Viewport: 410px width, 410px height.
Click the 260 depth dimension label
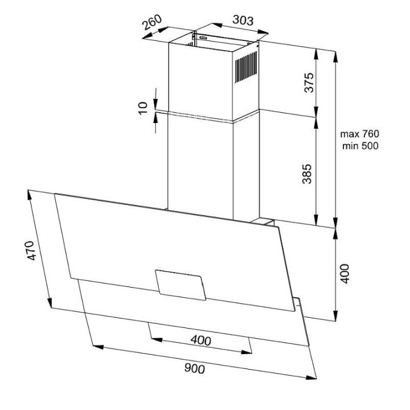point(152,22)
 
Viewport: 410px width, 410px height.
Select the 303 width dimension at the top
point(243,20)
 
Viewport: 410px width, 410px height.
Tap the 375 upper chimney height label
point(309,83)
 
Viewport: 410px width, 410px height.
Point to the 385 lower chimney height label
point(307,174)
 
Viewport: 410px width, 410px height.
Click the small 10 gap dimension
point(143,108)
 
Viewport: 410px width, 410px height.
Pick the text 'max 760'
point(359,134)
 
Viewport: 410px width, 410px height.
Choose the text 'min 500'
point(360,146)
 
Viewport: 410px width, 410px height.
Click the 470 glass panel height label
point(31,251)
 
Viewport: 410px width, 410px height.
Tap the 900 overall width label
point(195,368)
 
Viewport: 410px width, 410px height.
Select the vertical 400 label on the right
point(345,273)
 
